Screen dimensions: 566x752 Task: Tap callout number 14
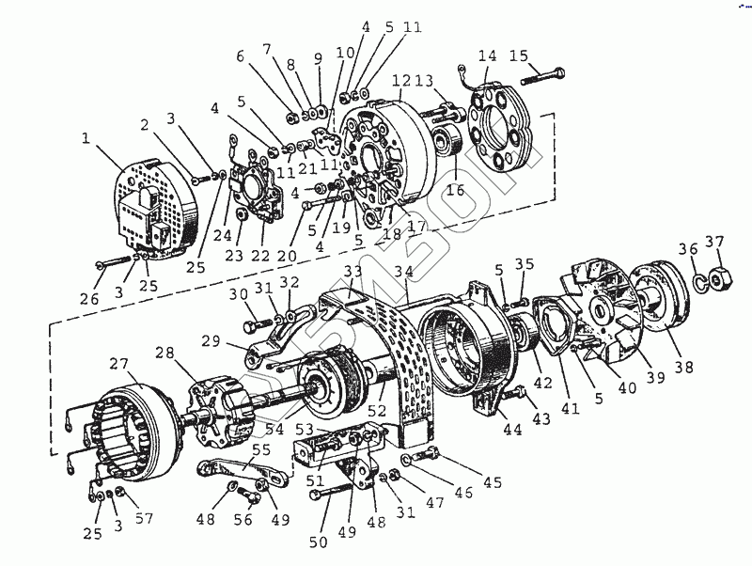(486, 55)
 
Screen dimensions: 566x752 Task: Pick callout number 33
(352, 271)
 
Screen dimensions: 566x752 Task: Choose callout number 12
(399, 81)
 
